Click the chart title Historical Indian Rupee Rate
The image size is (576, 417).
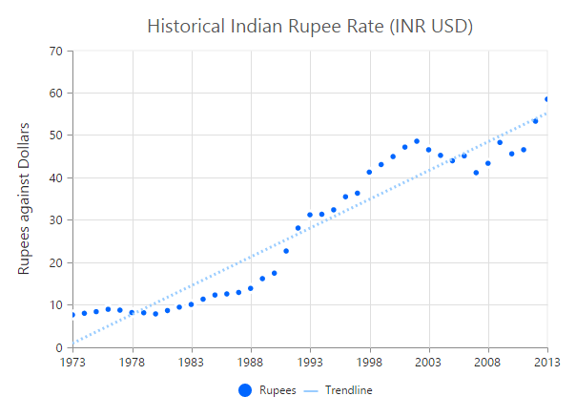[310, 26]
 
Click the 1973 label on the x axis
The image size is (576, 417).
[72, 362]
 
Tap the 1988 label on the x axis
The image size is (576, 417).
[251, 362]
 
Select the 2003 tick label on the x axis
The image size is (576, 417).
[428, 362]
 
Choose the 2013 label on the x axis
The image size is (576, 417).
[546, 362]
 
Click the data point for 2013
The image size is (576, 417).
[546, 99]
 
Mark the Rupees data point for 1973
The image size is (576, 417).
[72, 315]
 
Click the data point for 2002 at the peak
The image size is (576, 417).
[417, 141]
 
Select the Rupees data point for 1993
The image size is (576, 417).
[310, 215]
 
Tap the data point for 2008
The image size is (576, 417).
[487, 163]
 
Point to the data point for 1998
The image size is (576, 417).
[369, 172]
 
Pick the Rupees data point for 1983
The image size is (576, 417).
[191, 304]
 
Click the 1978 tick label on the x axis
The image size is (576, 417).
[132, 362]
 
